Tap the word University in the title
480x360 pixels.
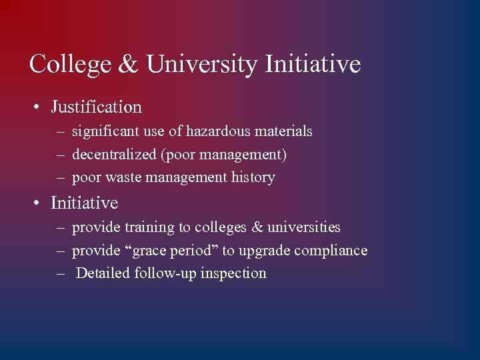[201, 65]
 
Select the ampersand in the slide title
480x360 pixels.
[129, 65]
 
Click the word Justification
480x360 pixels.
[96, 107]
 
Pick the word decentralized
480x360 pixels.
[114, 155]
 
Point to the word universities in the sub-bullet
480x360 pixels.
[304, 227]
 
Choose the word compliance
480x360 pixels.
[333, 251]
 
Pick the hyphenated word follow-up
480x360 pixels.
[165, 273]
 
